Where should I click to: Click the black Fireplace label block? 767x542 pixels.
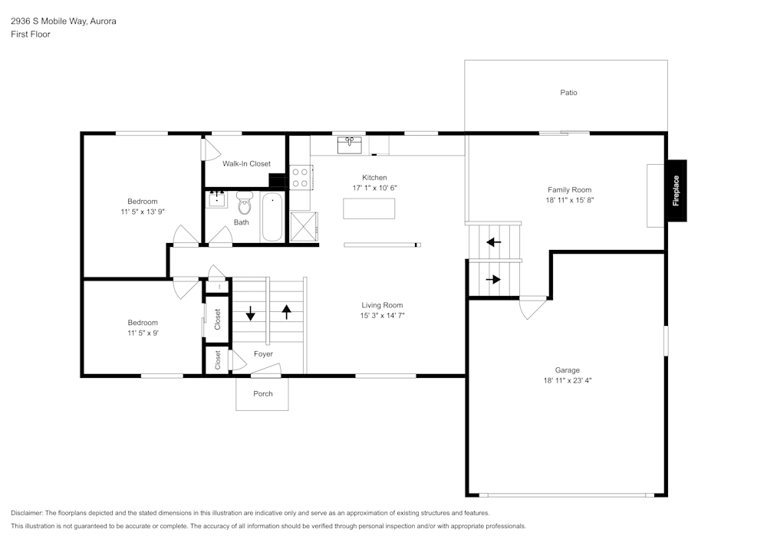[x=677, y=191]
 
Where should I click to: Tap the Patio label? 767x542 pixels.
[x=568, y=92]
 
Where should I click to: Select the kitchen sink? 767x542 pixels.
[x=349, y=146]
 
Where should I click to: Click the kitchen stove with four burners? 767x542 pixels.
[x=301, y=177]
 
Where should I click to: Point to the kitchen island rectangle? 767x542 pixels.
[x=369, y=209]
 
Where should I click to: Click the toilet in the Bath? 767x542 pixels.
[x=244, y=203]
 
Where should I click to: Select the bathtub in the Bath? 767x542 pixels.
[x=272, y=217]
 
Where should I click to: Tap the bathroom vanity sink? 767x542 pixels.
[x=217, y=199]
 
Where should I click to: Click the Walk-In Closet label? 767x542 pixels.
[x=246, y=164]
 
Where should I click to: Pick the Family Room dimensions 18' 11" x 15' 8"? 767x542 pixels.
[x=569, y=200]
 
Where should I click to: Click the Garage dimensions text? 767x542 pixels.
[x=568, y=380]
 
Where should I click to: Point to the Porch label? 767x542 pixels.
[x=262, y=393]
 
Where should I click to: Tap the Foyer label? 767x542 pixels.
[x=263, y=354]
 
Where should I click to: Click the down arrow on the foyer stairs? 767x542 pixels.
[x=251, y=313]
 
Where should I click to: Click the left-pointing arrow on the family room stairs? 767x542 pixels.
[x=493, y=242]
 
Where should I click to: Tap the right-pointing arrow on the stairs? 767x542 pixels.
[x=493, y=280]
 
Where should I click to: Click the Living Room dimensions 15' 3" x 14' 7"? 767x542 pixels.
[x=383, y=316]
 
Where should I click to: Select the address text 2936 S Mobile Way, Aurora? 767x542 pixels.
[x=64, y=21]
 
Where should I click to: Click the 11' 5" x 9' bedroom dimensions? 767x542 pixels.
[x=143, y=333]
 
